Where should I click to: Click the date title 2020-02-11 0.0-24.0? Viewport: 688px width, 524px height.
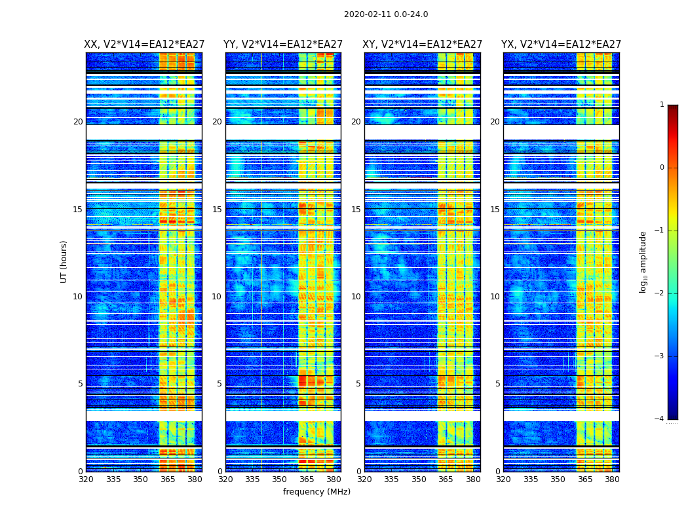386,14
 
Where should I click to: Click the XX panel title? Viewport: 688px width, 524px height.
144,45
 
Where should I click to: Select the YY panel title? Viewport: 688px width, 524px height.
283,45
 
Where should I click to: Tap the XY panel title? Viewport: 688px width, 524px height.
423,45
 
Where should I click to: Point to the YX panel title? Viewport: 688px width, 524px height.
562,45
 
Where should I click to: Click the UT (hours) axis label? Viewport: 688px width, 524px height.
64,261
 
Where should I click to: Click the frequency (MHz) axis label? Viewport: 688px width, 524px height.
316,492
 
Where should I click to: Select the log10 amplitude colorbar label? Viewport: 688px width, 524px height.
643,261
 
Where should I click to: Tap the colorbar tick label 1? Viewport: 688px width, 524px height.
662,105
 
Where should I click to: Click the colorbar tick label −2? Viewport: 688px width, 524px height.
660,293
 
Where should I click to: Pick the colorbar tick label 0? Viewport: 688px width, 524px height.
662,168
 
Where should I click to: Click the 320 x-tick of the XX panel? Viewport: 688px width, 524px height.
86,479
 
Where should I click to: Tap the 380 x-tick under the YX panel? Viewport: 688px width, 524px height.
612,479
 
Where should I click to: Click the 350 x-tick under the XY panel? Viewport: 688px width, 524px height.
419,479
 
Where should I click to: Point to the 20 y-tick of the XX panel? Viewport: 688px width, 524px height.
78,122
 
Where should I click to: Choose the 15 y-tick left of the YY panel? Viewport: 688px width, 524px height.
217,210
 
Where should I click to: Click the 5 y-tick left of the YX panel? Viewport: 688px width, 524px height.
497,384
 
